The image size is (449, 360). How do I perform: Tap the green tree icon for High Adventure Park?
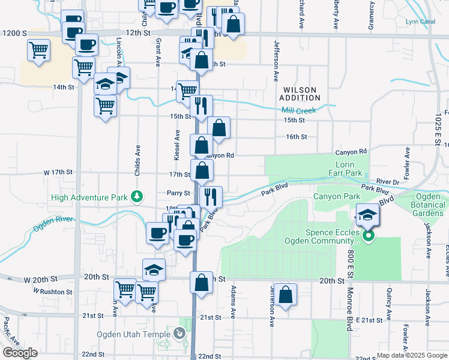coord(137,196)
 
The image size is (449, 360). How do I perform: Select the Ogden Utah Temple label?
coord(133,334)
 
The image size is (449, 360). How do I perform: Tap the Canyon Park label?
coord(336,196)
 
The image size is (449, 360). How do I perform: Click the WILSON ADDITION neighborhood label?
coord(300,94)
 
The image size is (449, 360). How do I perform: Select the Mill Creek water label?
coord(299,110)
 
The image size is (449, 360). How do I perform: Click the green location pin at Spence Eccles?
coord(369,236)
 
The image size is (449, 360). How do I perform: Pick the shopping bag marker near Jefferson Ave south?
coord(286,295)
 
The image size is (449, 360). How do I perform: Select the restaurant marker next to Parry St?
coord(211,196)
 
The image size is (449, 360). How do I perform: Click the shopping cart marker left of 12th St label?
coord(38,50)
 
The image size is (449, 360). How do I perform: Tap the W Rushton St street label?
coord(53,292)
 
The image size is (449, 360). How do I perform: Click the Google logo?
coord(20,353)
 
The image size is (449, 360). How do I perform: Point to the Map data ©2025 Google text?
coord(412,355)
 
